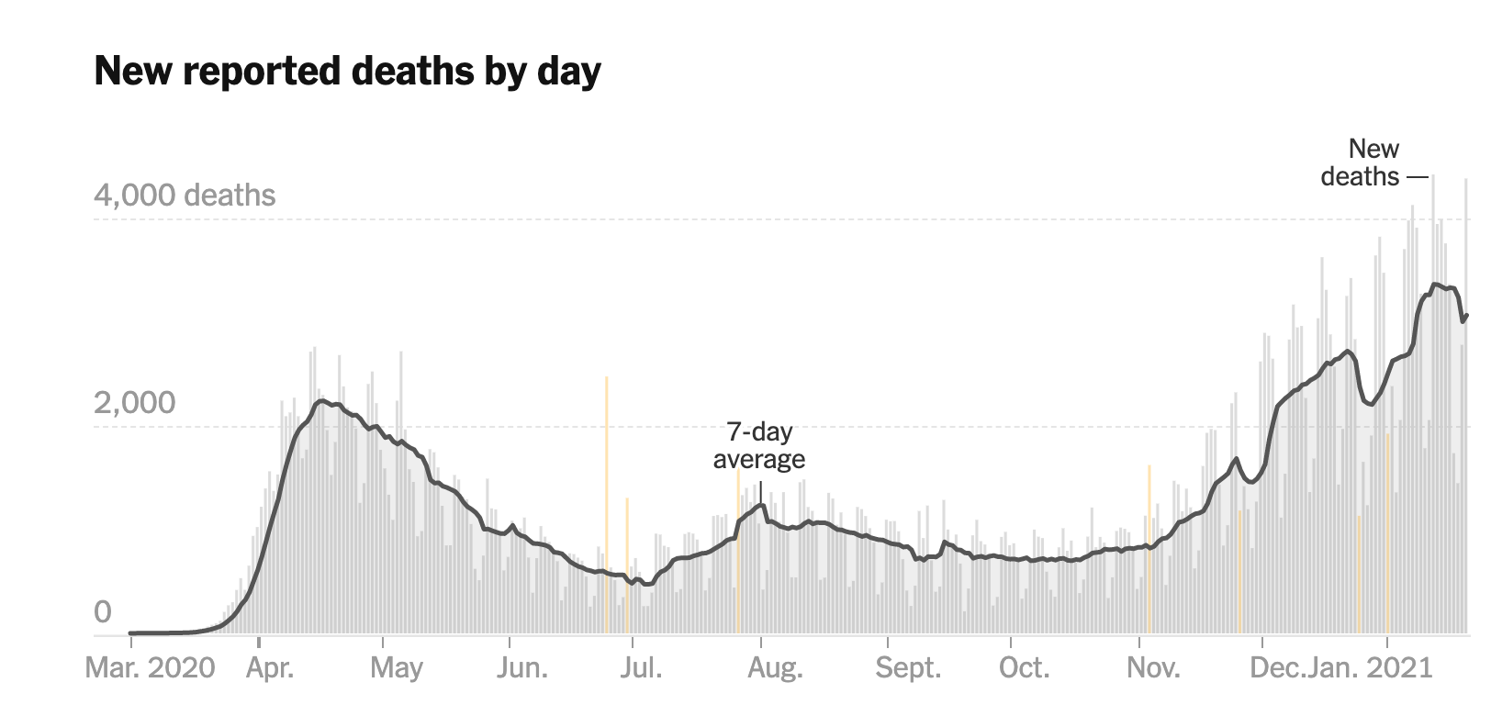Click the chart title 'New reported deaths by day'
coord(347,71)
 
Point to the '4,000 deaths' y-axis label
coord(185,196)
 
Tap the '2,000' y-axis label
coord(134,402)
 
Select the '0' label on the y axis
coord(103,611)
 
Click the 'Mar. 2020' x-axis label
coord(150,667)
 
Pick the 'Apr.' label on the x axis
coord(270,667)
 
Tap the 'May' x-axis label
coord(397,667)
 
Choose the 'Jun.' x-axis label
coord(522,667)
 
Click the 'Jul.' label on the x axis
coord(640,667)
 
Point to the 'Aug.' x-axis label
coord(775,667)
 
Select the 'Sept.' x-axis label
coord(908,667)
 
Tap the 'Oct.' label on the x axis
coord(1024,667)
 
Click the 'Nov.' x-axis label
coord(1153,667)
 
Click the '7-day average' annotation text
coord(759,445)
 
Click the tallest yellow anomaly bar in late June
coord(607,505)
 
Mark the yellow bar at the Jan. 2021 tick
coord(1388,532)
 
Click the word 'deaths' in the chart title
coord(415,71)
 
